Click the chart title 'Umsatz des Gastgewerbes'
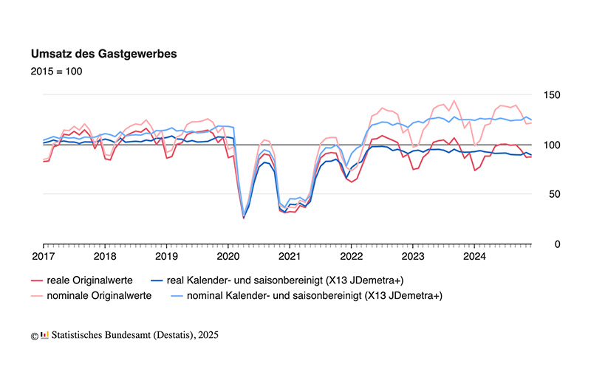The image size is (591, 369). point(103,55)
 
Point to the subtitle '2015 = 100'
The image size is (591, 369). point(56,72)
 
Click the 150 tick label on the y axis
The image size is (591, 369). point(551,95)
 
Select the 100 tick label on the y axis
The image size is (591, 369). point(551,145)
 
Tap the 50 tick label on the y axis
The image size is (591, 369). point(548,194)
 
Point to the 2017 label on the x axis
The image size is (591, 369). point(44,257)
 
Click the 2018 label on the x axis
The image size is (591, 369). point(105,257)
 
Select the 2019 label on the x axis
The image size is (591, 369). point(166,257)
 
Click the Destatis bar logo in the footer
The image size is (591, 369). point(44,335)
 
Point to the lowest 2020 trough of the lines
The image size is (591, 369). point(244,218)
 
